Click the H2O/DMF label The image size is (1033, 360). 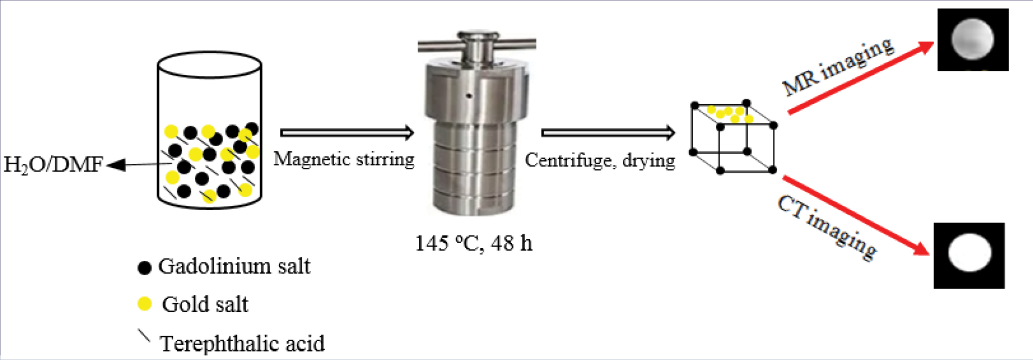point(53,164)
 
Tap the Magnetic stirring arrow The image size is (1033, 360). point(347,133)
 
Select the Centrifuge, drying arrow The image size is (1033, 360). point(608,133)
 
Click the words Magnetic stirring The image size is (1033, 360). point(344,160)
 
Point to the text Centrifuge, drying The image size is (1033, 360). point(600,160)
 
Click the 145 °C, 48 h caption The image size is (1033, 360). point(473,243)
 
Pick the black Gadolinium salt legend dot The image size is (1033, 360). point(144,268)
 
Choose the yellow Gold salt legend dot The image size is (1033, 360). point(144,304)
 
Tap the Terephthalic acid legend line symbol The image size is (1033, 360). point(143,336)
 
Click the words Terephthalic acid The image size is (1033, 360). point(242,343)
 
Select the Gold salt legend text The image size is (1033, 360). point(205,304)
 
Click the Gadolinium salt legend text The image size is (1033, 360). point(234,266)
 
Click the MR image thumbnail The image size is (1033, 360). point(973,39)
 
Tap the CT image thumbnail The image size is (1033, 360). point(969,255)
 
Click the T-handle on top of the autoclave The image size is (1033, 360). point(477,43)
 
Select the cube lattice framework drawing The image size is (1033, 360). point(733,137)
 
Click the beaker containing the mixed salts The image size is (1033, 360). point(209,131)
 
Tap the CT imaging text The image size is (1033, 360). point(827,227)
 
